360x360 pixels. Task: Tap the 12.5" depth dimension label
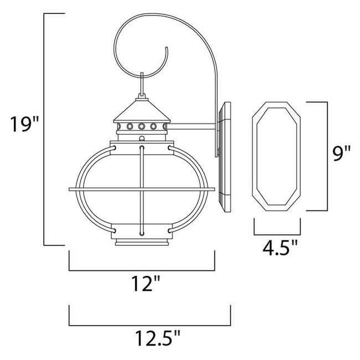150,337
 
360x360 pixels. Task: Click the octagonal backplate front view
277,157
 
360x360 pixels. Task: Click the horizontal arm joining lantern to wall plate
194,128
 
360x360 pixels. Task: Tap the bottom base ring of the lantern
142,243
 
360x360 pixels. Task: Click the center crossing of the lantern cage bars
142,190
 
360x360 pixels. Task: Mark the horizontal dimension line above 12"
142,270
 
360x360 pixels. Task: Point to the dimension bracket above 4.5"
277,232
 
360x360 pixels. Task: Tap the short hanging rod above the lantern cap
142,86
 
